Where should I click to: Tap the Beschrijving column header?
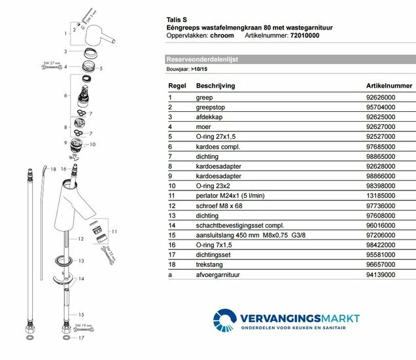[x=215, y=86]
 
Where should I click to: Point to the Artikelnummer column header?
[x=389, y=86]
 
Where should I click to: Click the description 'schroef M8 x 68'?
[x=219, y=207]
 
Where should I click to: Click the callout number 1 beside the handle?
[x=65, y=31]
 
